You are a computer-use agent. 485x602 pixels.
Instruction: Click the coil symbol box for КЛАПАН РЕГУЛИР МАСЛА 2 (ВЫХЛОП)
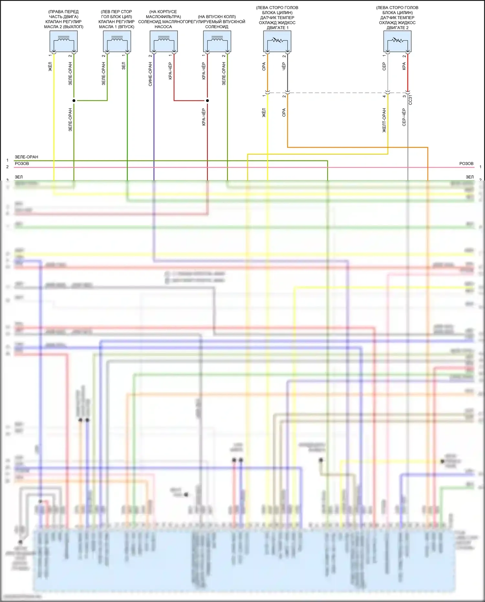pos(64,41)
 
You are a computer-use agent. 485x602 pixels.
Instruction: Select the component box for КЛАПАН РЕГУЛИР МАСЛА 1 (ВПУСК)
pos(117,41)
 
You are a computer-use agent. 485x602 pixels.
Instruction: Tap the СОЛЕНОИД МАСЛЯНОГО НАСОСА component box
pos(164,41)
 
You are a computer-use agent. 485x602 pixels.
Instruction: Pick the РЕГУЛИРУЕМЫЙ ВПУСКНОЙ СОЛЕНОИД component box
pos(217,41)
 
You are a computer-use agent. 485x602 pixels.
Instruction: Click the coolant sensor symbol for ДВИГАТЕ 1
pos(277,41)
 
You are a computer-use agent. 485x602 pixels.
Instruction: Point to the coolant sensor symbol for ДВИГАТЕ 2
pos(397,41)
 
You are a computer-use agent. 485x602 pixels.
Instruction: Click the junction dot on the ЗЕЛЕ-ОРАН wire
pos(74,101)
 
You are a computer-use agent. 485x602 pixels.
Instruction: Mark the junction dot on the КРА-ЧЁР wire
pos(207,101)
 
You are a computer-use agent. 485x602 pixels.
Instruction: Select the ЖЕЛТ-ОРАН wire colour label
pos(384,120)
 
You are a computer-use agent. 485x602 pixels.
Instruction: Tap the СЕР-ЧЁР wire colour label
pos(404,117)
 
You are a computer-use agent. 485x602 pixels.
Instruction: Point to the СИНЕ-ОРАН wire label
pos(150,74)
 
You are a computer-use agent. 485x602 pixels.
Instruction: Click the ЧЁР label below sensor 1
pos(284,67)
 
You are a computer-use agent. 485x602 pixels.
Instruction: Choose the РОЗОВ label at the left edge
pos(22,164)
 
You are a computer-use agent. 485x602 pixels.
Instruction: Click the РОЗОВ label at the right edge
pos(466,164)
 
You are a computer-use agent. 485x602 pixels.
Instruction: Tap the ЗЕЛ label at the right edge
pos(469,177)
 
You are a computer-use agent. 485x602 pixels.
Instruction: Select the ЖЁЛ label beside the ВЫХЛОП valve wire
pos(50,67)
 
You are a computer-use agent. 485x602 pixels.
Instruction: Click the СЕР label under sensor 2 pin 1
pos(384,67)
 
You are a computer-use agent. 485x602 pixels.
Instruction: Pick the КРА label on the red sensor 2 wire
pos(404,66)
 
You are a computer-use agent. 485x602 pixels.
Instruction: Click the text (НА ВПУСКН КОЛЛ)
pos(217,17)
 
